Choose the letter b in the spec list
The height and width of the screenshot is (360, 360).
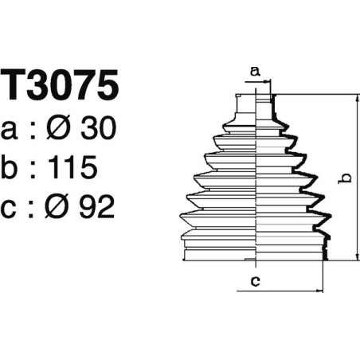(x=12, y=167)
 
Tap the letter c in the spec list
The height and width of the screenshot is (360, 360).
(x=12, y=208)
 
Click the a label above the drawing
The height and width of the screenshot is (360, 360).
(x=255, y=72)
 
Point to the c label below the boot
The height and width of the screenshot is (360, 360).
(x=254, y=280)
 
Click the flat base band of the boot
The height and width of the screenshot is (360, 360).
(x=255, y=253)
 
